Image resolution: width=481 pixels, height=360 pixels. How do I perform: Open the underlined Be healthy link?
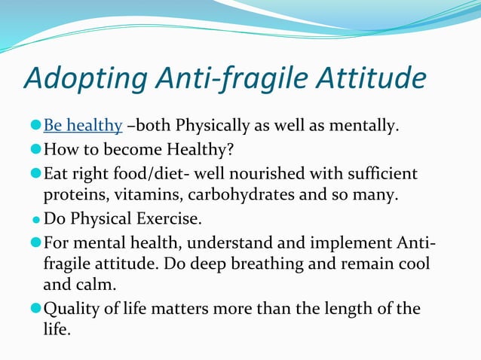pyautogui.click(x=83, y=125)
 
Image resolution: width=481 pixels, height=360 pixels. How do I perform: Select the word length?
pyautogui.click(x=345, y=309)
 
